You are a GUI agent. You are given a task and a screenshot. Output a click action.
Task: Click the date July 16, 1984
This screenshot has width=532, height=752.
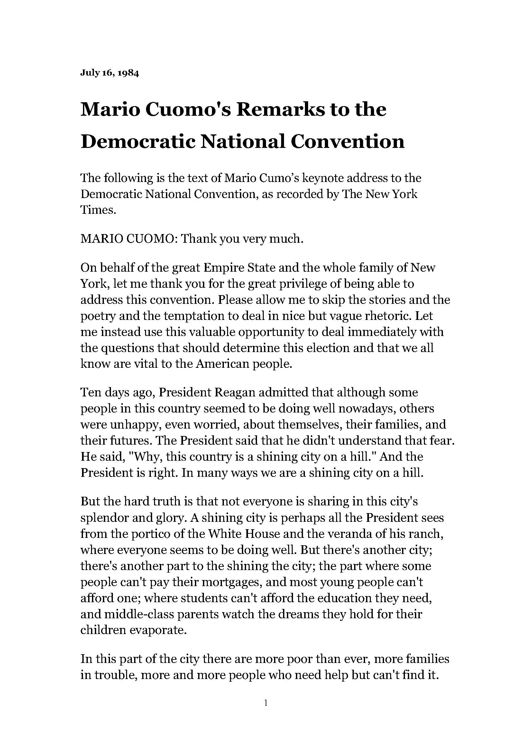point(109,73)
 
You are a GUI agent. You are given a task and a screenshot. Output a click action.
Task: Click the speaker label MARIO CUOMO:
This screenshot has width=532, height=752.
point(129,239)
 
